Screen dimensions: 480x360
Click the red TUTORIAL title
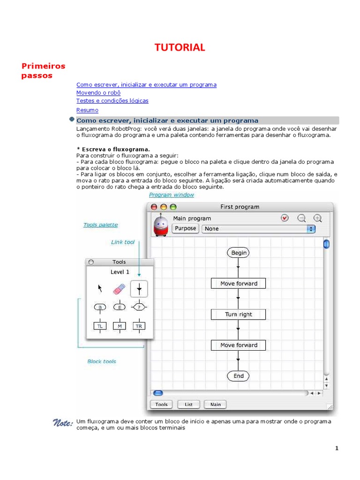(180, 47)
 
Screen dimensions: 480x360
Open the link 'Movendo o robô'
(95, 93)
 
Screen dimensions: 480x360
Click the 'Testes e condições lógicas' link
(112, 101)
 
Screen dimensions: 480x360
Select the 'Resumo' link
(87, 110)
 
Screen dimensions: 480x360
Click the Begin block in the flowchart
(239, 253)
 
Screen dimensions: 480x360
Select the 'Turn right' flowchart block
(238, 315)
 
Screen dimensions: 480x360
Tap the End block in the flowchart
(239, 376)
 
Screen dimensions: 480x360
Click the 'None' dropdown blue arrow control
(311, 229)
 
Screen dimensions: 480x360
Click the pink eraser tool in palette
(120, 288)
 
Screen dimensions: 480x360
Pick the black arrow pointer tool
(99, 288)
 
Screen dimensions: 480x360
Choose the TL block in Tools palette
(99, 326)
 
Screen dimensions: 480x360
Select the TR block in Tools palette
(139, 326)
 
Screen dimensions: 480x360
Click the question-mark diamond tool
(139, 307)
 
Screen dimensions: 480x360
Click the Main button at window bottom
(215, 404)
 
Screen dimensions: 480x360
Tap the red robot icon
(161, 226)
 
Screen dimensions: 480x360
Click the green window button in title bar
(173, 207)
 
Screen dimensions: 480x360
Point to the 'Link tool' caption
(123, 242)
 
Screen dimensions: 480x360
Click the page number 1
(337, 448)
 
